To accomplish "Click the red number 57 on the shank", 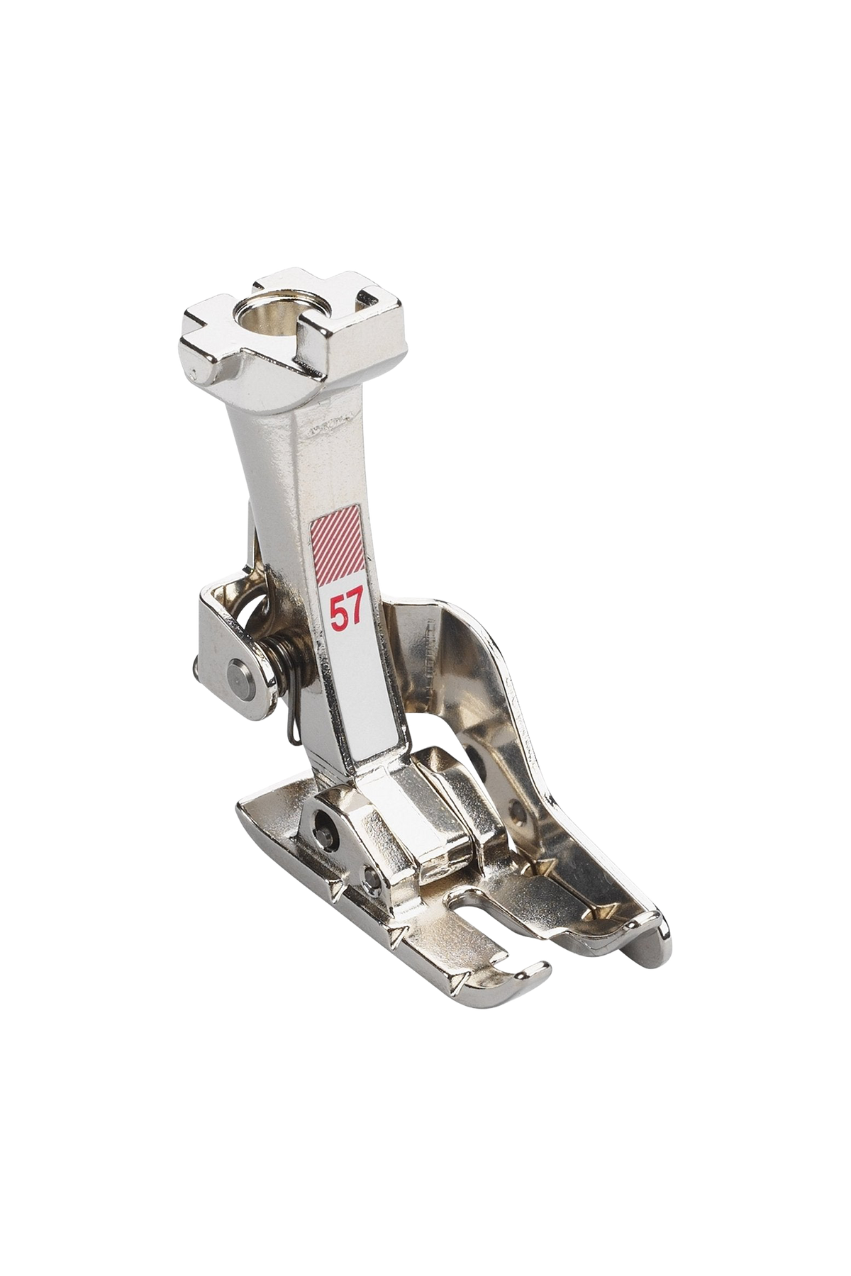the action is click(347, 609).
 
